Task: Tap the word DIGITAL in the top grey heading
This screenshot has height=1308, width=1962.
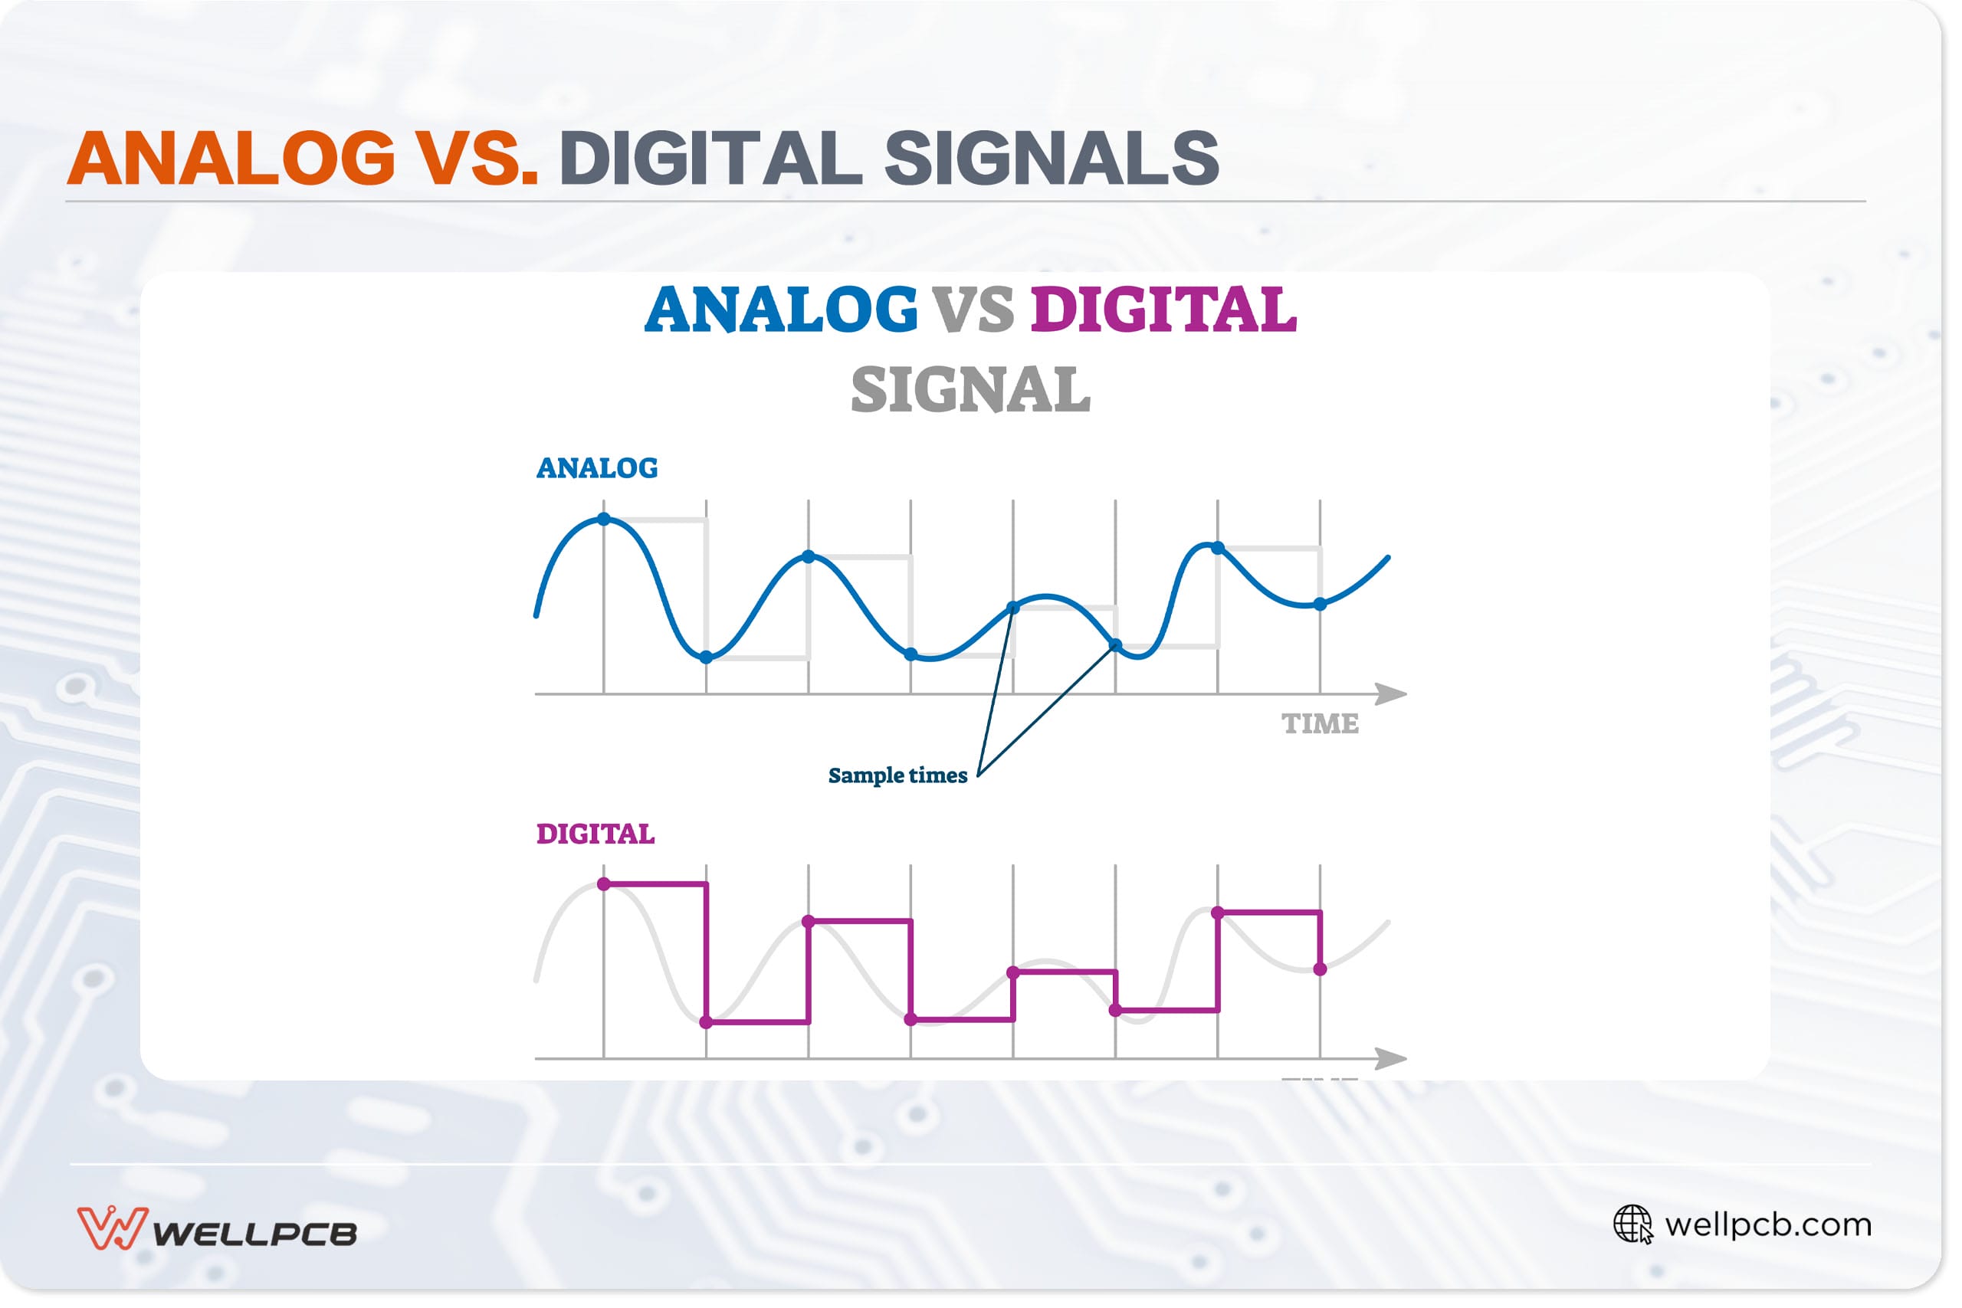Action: pos(710,159)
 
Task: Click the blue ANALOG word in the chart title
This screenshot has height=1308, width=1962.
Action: pos(781,310)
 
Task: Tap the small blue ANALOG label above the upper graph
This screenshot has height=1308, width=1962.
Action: pos(597,469)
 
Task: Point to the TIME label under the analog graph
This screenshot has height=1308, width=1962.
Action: pos(1320,724)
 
